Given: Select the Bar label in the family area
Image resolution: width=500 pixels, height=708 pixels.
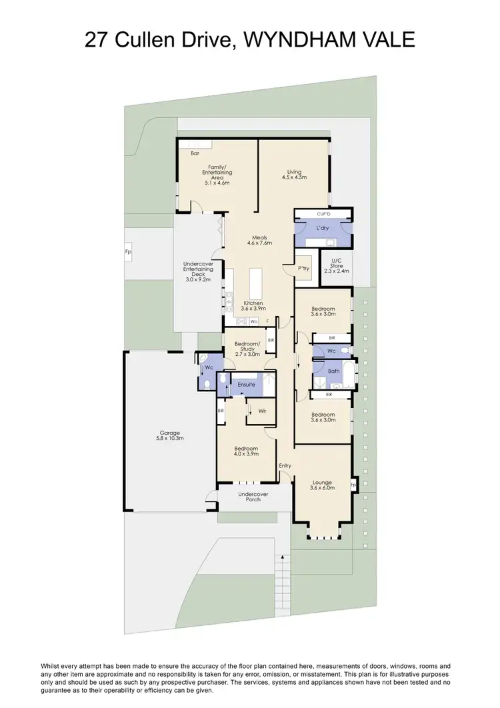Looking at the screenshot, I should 195,153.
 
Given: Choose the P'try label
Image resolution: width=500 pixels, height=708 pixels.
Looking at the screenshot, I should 303,268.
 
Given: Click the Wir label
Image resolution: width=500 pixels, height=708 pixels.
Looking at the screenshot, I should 262,411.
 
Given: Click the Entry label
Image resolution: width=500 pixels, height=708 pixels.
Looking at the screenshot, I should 285,465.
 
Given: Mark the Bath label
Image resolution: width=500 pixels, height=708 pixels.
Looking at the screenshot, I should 333,371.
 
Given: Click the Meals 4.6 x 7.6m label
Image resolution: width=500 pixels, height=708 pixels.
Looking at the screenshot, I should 260,240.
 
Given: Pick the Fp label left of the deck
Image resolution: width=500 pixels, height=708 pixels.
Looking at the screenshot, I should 127,253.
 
